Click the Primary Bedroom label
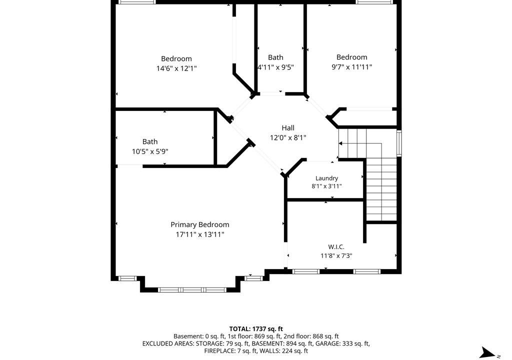coord(200,225)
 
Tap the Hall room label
coord(288,127)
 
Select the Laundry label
coord(326,178)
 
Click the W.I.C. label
coord(336,247)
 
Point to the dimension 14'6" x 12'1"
coord(176,68)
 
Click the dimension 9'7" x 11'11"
coord(351,67)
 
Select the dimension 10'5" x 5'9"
coord(150,151)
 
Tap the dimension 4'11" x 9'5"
coord(276,67)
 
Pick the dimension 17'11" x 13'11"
coord(200,234)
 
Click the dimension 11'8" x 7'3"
coord(336,256)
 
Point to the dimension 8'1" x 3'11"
coord(326,186)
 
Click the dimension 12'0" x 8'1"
coord(288,138)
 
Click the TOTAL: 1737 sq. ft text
coord(256,329)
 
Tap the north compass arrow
coord(487,353)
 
